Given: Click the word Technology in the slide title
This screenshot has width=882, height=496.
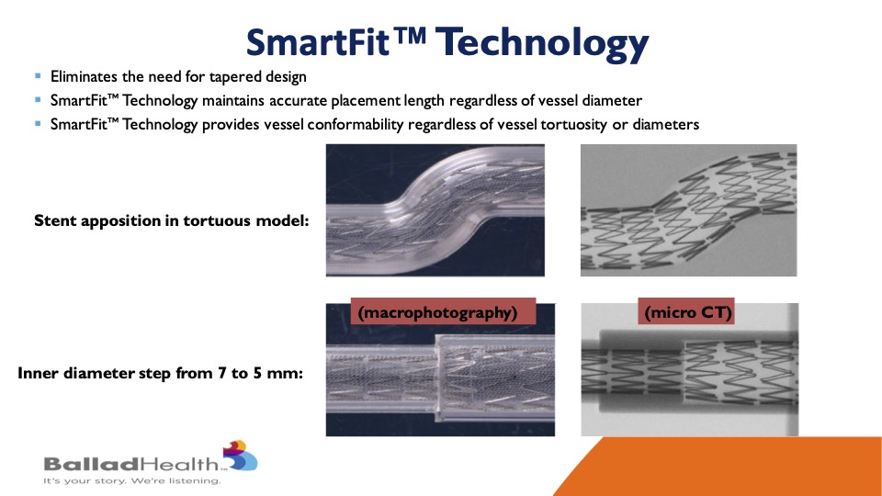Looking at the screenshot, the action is [x=542, y=44].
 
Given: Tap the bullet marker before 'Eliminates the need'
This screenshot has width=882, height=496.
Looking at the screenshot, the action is [x=38, y=75].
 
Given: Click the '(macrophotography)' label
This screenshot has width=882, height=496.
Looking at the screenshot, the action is [x=437, y=312].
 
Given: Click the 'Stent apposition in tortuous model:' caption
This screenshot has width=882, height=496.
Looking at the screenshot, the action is [x=172, y=220].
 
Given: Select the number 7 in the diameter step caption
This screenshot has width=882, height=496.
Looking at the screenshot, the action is [x=222, y=373].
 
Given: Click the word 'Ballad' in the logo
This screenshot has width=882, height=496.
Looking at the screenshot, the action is [x=91, y=464].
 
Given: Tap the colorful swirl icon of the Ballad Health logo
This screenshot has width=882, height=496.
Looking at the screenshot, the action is [x=240, y=456].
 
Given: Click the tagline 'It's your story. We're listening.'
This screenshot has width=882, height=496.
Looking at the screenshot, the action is [x=131, y=480].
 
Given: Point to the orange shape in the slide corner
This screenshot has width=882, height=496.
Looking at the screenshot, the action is [x=731, y=467].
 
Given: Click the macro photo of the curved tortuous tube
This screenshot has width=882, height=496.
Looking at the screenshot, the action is [x=435, y=210].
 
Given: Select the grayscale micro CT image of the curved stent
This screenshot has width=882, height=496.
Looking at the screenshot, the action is [x=688, y=210].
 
